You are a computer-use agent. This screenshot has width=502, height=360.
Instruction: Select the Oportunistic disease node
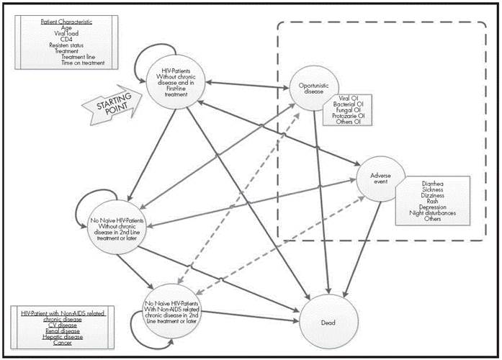[313, 89]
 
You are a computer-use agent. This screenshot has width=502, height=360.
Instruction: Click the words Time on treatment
[78, 63]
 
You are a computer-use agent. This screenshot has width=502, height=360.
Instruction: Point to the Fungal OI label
[349, 109]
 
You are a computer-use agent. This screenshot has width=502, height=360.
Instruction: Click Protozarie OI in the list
[349, 116]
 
